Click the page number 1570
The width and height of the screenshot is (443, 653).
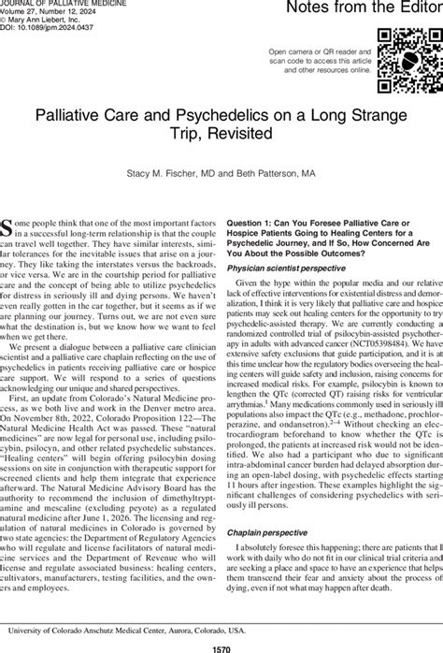[221, 646]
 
